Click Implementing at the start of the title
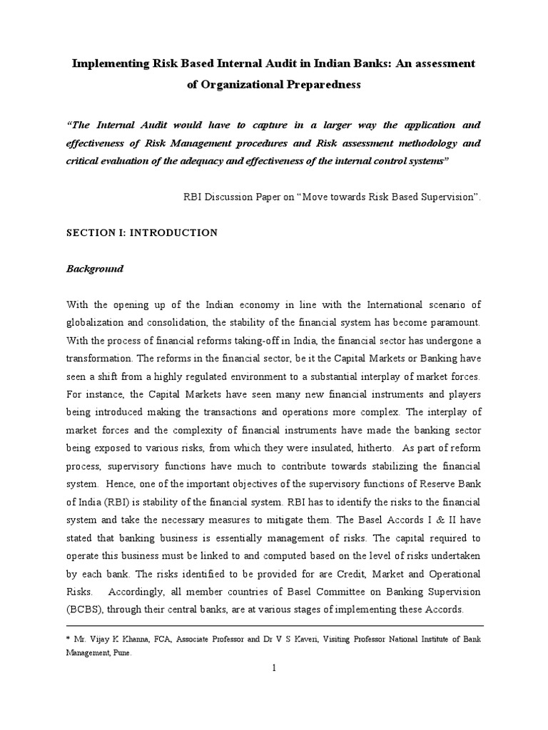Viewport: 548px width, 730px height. coord(107,63)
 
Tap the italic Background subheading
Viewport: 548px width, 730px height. coord(95,269)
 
